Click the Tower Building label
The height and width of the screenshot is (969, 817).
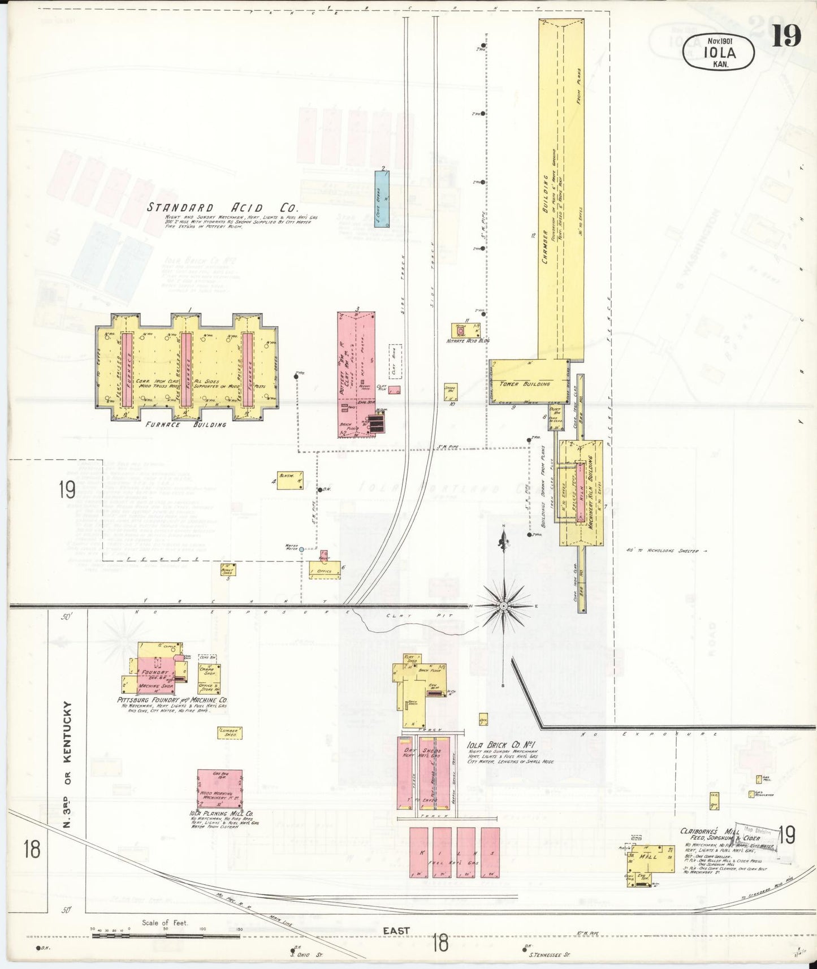[x=529, y=384]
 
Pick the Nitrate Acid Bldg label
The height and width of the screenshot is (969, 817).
[x=468, y=341]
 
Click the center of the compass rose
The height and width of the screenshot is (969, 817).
[x=503, y=607]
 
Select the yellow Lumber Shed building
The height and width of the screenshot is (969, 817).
[x=230, y=733]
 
